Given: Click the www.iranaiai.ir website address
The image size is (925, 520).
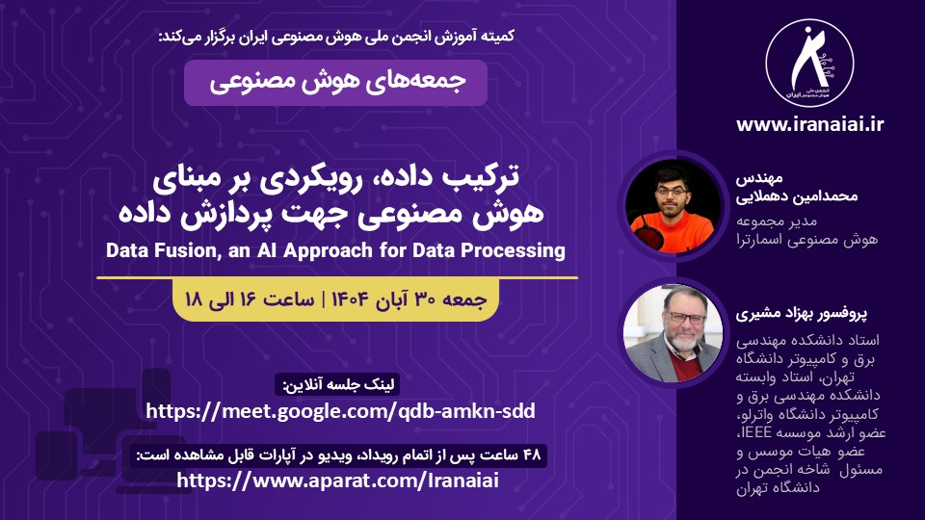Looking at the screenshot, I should (x=809, y=123).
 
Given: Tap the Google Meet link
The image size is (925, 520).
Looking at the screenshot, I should (x=339, y=411).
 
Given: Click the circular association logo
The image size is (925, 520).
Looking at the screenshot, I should (x=809, y=60).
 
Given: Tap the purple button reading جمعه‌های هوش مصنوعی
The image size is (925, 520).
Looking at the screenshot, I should (x=335, y=82).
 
